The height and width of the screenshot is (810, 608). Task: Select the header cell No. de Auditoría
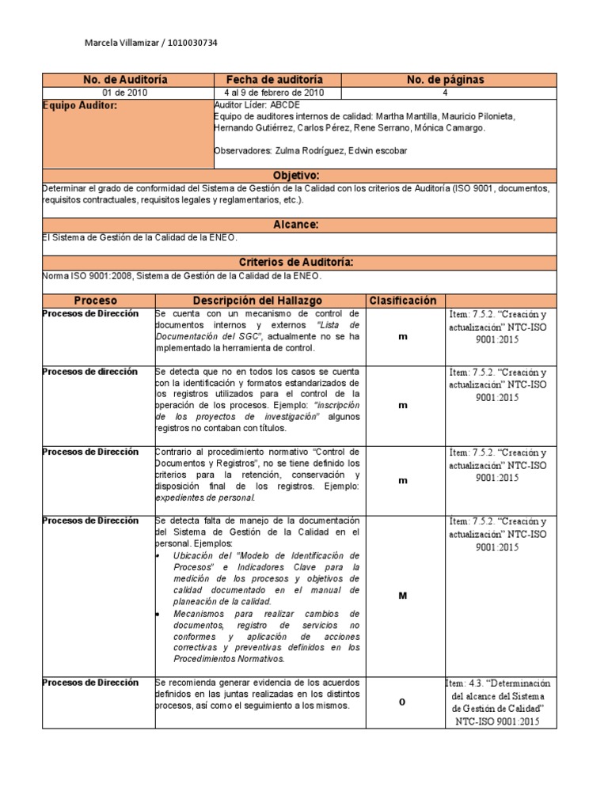(126, 80)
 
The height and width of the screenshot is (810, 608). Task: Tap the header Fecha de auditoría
(275, 80)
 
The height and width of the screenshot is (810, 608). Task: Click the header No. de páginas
(445, 80)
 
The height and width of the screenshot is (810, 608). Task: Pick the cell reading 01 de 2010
(126, 93)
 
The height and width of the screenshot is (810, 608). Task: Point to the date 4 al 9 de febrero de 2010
(275, 93)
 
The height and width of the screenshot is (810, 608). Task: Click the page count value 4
(445, 93)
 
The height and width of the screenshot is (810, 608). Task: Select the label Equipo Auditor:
(79, 104)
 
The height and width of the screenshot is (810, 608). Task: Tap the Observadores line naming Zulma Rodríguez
(310, 151)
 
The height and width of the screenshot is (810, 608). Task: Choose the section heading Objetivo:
(295, 175)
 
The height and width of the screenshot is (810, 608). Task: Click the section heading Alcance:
(295, 225)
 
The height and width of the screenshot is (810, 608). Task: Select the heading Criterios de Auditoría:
(295, 262)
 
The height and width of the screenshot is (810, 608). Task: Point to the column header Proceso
(96, 301)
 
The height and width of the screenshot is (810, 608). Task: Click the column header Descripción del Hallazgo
(258, 301)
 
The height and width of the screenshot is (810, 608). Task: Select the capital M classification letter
(402, 596)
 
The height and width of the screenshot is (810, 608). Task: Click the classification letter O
(402, 702)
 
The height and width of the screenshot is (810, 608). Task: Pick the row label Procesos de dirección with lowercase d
(89, 372)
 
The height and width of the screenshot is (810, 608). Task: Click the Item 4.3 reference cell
(497, 702)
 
